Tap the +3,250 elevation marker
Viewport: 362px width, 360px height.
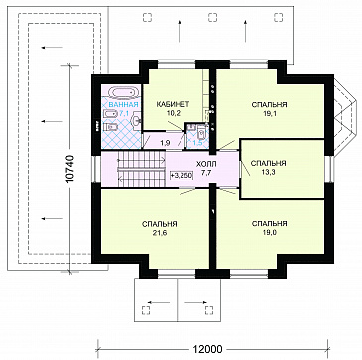181,175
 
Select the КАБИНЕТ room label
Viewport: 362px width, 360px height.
173,104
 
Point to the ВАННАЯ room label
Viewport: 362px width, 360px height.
123,106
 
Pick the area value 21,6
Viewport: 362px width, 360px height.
160,233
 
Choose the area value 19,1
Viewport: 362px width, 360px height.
269,113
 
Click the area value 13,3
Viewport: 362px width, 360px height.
268,171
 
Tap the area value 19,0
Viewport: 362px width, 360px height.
269,232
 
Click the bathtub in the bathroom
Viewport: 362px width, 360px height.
123,93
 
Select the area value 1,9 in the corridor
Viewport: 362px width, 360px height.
165,143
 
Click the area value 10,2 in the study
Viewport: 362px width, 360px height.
173,112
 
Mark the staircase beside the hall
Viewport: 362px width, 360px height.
141,169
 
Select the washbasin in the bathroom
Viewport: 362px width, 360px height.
136,121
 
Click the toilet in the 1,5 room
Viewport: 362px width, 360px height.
201,134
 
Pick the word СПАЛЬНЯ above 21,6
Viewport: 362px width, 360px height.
160,224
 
